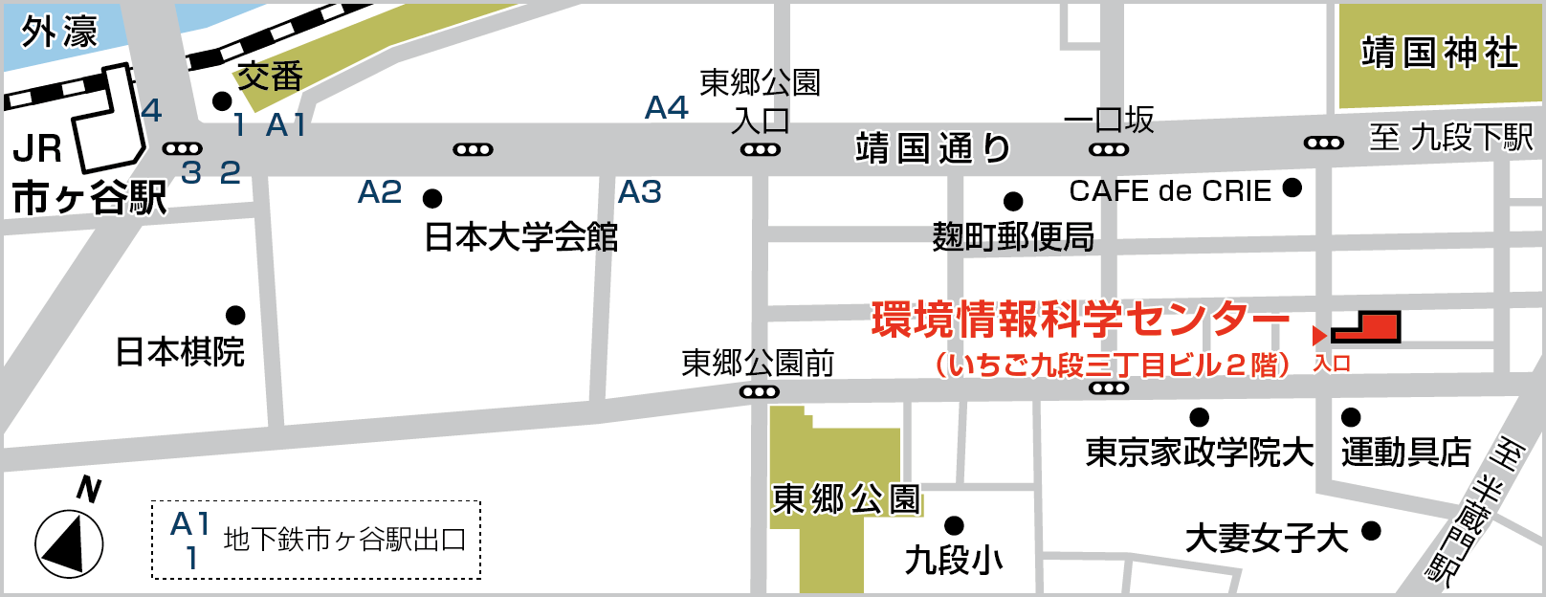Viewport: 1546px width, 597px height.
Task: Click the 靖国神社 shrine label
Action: (1440, 54)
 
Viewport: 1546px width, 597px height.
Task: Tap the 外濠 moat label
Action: (59, 33)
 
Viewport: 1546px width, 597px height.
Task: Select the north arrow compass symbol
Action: (69, 543)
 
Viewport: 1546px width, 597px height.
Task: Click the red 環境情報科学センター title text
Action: (1080, 321)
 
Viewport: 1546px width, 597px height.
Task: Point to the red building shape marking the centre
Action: (1368, 327)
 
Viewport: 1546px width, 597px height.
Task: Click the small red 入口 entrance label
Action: (1332, 364)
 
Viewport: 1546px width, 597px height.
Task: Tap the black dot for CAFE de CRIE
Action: (1292, 188)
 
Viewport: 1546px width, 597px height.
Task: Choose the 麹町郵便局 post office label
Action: (1013, 236)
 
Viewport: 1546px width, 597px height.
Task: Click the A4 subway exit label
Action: (667, 108)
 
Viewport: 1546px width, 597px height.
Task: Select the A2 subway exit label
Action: (380, 192)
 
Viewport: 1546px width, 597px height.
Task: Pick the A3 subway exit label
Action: (640, 192)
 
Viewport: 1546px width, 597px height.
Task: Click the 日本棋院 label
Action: (180, 352)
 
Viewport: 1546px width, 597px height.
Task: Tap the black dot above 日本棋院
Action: (235, 315)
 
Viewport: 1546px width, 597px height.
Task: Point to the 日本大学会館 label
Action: (521, 236)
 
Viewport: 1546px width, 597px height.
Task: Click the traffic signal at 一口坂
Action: (1109, 149)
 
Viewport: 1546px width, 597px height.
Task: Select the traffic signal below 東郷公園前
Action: (760, 391)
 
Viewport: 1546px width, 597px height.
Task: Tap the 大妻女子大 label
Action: (1267, 539)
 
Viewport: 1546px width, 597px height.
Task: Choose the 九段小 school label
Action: (954, 560)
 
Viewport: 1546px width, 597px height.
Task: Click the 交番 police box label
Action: (270, 77)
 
